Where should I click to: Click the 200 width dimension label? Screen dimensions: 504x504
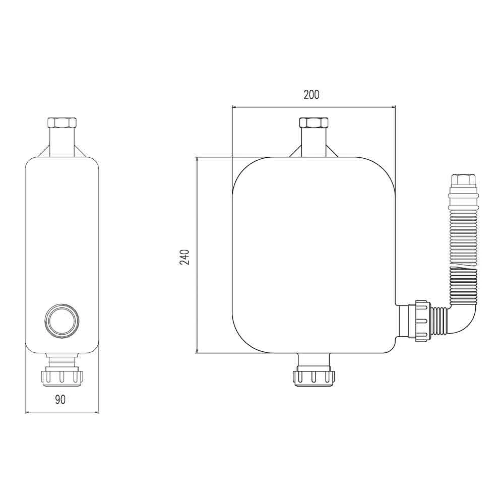311,95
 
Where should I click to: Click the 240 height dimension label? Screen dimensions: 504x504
184,257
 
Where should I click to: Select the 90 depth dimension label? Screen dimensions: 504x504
60,400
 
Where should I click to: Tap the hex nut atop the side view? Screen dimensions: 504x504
61,123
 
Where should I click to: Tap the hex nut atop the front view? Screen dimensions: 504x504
313,123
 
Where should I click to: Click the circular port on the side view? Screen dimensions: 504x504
61,320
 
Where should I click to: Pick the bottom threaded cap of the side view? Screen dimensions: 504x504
61,376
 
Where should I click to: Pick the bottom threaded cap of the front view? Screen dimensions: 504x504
313,376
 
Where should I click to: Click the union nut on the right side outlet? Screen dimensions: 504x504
421,321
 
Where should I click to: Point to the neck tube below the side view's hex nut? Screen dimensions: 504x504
61,141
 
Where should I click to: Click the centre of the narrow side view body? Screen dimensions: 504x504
61,242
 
